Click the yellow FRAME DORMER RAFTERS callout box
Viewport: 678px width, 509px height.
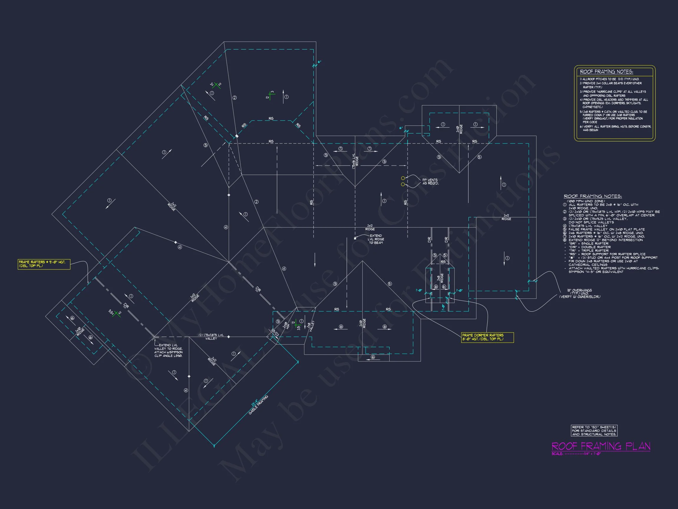pos(487,337)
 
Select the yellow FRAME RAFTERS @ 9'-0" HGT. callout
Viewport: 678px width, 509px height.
pos(44,264)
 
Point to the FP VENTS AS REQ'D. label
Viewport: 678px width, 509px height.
pos(430,182)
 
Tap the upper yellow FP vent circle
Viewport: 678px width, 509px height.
pos(403,178)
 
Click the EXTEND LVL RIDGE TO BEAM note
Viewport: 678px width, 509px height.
pos(376,239)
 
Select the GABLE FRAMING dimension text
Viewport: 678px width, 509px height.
pos(258,405)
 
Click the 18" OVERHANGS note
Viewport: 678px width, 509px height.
pos(580,293)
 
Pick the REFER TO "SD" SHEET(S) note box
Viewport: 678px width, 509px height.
pos(594,430)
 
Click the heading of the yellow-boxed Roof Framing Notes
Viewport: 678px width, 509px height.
pos(606,72)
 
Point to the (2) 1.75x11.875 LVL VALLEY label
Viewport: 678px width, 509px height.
pos(211,337)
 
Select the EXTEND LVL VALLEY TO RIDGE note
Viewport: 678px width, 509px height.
pos(168,350)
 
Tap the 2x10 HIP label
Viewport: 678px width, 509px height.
pos(286,325)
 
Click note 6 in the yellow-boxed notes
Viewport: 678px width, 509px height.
pos(615,128)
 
